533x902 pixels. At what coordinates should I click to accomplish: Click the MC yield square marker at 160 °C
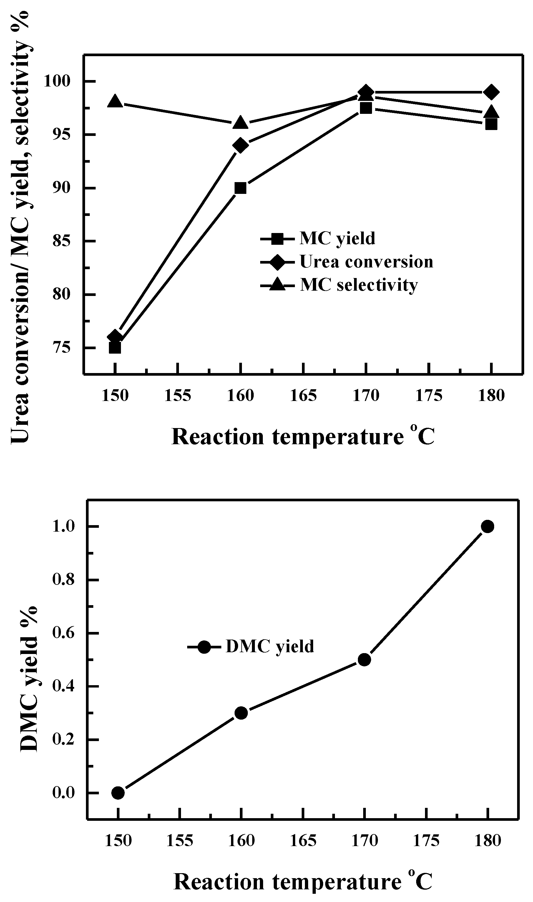(x=240, y=188)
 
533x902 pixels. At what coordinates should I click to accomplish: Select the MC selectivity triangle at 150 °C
(x=115, y=101)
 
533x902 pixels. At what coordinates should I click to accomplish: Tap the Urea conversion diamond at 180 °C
(x=491, y=92)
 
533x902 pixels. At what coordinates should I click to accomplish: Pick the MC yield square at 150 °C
(x=115, y=348)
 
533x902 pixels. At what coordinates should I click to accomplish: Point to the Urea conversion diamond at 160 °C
(x=240, y=145)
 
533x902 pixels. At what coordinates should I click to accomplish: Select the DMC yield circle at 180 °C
(x=487, y=527)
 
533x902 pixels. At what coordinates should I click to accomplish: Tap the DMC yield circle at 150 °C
(x=118, y=793)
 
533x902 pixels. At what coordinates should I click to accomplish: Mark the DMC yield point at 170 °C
(x=364, y=660)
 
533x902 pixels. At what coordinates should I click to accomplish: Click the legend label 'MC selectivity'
(x=359, y=285)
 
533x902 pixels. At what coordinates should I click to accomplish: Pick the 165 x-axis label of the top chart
(x=303, y=396)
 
